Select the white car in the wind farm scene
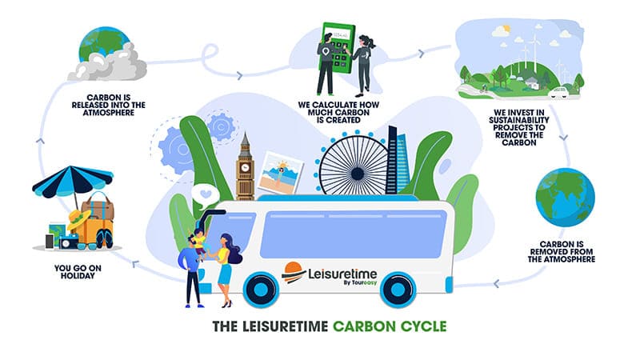558,94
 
